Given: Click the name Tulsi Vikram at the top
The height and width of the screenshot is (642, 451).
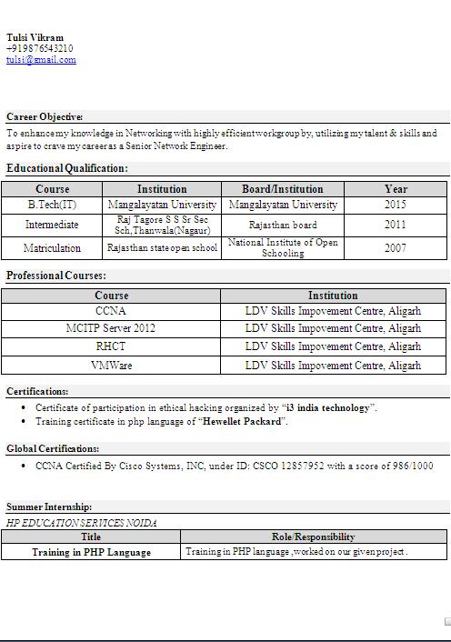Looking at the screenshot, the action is (x=35, y=37).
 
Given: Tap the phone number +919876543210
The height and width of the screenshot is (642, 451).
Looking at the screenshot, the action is (x=40, y=48).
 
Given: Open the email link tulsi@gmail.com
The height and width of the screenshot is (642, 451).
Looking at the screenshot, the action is (x=41, y=59).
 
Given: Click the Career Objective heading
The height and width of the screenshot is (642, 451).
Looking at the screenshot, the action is (x=45, y=116).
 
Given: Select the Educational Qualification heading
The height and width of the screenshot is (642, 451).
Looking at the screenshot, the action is (x=67, y=168).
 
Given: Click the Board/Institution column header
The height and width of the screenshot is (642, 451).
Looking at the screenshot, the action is (x=283, y=189).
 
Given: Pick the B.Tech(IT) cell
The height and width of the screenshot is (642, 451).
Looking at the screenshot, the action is (x=52, y=205).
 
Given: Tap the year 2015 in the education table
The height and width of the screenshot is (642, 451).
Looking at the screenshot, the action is (x=396, y=205).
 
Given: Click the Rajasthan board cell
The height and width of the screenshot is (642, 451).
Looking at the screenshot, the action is (x=283, y=225).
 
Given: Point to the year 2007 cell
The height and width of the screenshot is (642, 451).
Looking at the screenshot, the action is (x=396, y=247).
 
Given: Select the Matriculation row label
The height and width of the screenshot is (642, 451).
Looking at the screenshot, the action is (x=52, y=247).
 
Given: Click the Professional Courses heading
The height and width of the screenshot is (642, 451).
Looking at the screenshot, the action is (x=56, y=276).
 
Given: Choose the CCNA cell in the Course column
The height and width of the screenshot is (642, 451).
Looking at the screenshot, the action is (x=111, y=311).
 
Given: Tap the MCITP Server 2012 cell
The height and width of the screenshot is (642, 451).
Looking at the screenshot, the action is (x=111, y=328).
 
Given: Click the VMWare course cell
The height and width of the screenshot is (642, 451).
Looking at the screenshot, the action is (x=111, y=366).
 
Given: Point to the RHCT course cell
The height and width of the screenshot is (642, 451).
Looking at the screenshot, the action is (x=111, y=346).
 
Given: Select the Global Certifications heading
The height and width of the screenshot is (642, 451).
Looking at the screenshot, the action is (x=53, y=448).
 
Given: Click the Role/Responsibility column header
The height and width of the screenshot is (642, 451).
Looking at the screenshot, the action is (x=313, y=537).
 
